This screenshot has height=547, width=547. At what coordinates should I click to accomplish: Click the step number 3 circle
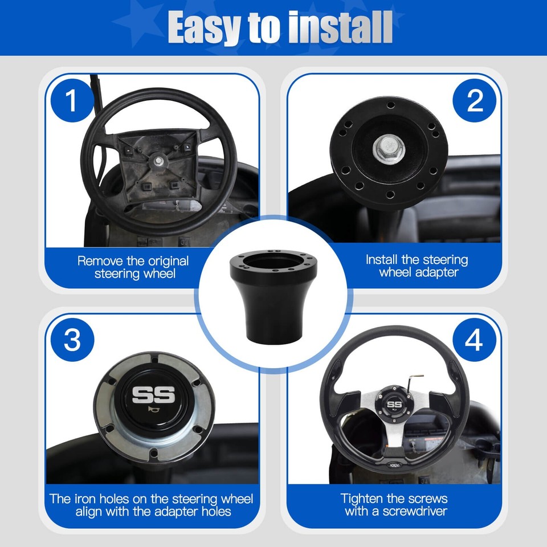[71, 340]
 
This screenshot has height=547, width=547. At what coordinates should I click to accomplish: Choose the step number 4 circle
[475, 340]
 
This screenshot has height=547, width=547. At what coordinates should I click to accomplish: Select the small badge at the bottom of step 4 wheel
[395, 464]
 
